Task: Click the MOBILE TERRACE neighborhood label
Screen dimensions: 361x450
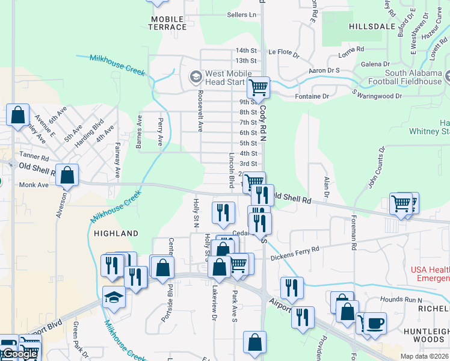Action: [x=168, y=23]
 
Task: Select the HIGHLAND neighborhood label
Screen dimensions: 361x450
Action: [x=116, y=233]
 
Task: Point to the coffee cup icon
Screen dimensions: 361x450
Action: [x=376, y=322]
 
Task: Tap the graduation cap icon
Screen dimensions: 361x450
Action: [x=114, y=297]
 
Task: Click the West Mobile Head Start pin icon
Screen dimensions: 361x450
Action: [x=195, y=77]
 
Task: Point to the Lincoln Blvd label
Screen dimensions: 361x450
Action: [x=231, y=170]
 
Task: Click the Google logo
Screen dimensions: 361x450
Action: [x=19, y=354]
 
